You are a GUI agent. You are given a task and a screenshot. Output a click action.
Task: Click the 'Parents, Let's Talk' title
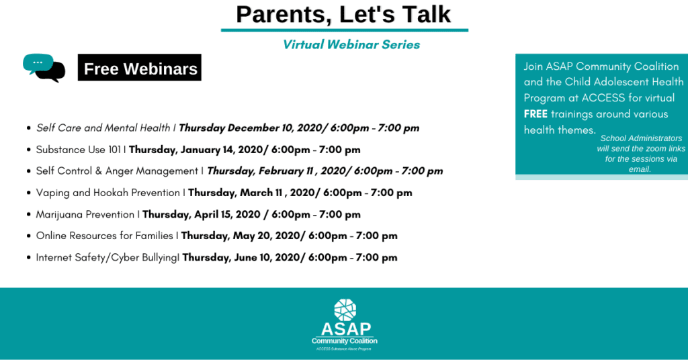click(343, 15)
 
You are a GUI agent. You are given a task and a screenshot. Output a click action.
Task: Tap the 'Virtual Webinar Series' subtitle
click(351, 45)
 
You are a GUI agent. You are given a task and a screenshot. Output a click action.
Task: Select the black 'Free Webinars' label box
click(140, 68)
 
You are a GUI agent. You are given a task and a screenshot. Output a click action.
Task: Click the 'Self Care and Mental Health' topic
click(103, 128)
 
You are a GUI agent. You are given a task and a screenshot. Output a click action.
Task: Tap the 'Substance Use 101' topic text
click(78, 150)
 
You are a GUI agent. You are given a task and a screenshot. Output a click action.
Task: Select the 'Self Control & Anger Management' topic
click(117, 171)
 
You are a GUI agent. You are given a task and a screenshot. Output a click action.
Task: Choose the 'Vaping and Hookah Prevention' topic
click(108, 193)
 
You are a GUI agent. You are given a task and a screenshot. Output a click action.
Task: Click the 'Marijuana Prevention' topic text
click(85, 214)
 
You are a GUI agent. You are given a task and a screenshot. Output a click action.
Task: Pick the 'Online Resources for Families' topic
click(104, 236)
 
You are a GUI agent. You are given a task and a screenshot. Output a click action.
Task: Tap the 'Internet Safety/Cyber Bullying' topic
click(107, 257)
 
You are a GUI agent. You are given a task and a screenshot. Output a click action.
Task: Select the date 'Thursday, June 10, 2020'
click(241, 257)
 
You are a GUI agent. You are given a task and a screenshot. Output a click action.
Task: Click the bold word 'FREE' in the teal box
click(535, 114)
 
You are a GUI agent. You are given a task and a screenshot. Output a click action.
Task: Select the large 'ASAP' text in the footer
click(346, 329)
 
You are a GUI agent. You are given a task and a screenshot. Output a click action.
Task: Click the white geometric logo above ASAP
click(345, 310)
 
